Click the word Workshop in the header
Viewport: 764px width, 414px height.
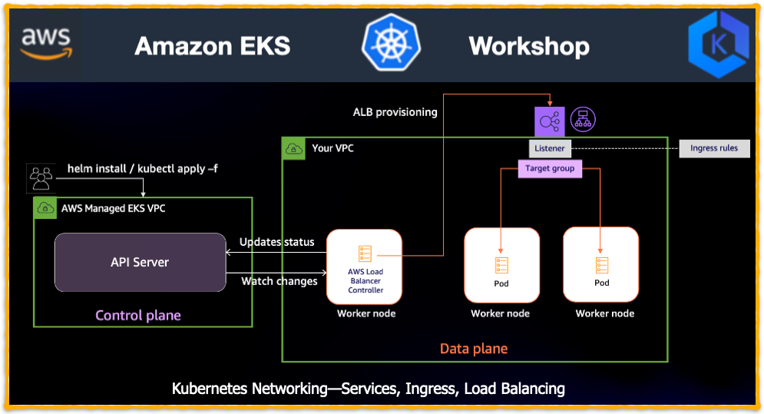click(529, 46)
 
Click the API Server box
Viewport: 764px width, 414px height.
click(140, 263)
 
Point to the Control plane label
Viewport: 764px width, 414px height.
click(138, 316)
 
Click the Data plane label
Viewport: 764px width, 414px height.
click(474, 349)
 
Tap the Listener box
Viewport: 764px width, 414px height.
click(550, 148)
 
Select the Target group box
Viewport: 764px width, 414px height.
click(550, 169)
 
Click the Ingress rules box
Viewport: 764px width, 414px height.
click(714, 148)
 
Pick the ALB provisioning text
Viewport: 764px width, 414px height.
click(395, 112)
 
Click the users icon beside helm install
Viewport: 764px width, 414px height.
click(41, 177)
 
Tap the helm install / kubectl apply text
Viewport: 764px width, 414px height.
click(142, 168)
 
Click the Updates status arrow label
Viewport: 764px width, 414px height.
click(276, 242)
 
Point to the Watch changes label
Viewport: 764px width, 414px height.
click(279, 281)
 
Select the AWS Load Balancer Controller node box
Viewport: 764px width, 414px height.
click(365, 267)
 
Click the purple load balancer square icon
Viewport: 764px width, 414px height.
click(550, 121)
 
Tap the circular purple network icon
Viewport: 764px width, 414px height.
click(583, 120)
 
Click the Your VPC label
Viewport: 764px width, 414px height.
click(332, 148)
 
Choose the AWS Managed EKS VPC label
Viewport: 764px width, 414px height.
click(112, 208)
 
